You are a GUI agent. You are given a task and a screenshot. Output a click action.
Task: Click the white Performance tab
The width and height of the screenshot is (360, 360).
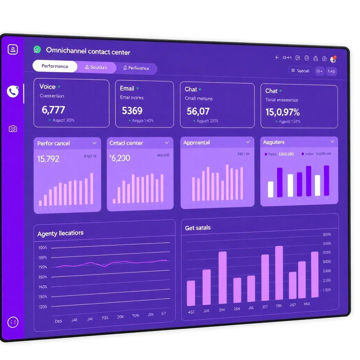click(55, 66)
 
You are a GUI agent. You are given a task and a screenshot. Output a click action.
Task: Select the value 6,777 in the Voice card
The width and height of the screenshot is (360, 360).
click(53, 110)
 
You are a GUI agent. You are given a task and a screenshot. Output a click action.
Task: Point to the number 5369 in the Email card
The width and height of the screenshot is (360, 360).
click(132, 111)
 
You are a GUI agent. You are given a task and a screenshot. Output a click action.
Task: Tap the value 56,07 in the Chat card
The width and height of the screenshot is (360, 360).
click(198, 111)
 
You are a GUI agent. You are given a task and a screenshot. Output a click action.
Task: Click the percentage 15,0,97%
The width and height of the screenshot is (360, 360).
click(282, 112)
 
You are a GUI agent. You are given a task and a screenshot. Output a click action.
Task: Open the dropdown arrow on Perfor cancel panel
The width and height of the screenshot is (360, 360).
click(94, 143)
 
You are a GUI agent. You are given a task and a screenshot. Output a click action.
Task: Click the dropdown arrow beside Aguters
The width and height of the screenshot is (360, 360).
click(332, 142)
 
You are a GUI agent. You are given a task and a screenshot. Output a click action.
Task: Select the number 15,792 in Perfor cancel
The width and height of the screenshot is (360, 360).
click(48, 159)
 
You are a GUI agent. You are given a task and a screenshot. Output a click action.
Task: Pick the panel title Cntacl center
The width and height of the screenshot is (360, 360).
click(126, 143)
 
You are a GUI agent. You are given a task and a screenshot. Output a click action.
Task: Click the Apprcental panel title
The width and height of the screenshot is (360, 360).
click(197, 142)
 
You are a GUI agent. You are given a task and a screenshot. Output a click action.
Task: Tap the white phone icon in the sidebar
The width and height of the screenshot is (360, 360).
click(13, 92)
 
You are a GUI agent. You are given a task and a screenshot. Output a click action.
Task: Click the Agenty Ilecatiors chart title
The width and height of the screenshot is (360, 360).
click(60, 233)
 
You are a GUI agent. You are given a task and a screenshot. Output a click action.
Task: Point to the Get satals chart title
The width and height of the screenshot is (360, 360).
click(198, 228)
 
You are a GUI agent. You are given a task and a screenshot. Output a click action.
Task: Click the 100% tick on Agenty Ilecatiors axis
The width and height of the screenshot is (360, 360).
click(43, 247)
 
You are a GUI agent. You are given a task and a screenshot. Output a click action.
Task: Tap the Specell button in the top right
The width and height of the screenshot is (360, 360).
click(301, 71)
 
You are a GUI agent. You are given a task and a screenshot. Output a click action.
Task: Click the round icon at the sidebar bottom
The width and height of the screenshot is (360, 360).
click(13, 322)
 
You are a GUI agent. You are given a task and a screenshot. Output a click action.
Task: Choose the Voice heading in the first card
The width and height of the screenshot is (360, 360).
click(47, 86)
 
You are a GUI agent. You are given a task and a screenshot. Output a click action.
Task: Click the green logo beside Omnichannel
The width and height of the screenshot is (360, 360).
click(37, 50)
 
